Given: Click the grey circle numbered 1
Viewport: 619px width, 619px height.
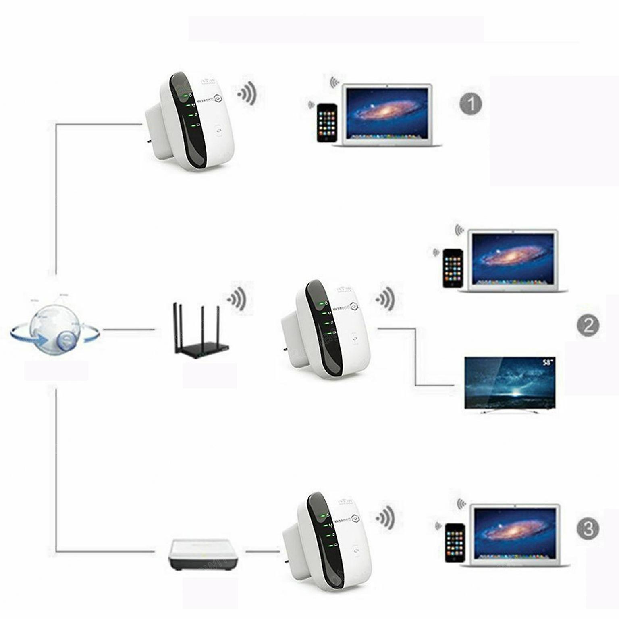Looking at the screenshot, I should click(x=471, y=104).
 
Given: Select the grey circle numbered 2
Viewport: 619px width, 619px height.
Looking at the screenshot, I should click(x=588, y=325).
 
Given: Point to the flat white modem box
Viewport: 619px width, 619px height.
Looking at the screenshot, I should click(x=203, y=555).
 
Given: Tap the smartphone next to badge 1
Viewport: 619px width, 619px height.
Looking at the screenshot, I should click(x=326, y=123).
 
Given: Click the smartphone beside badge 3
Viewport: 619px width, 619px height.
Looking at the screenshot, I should click(x=455, y=542).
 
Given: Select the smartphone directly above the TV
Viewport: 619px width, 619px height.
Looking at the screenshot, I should click(x=453, y=268).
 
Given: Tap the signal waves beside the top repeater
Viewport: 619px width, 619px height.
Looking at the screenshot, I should click(x=247, y=93).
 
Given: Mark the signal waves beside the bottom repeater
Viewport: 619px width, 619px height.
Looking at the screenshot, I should click(x=385, y=518).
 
